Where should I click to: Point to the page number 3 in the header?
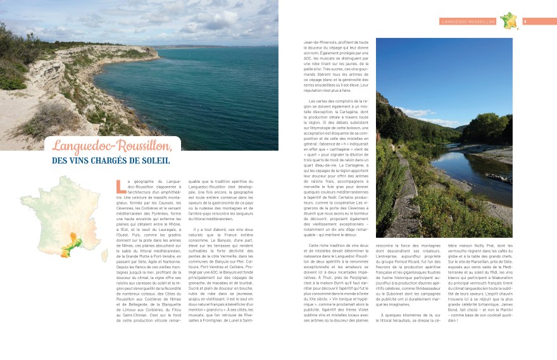click(x=525, y=21)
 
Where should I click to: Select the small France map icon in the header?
click(x=508, y=21)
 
